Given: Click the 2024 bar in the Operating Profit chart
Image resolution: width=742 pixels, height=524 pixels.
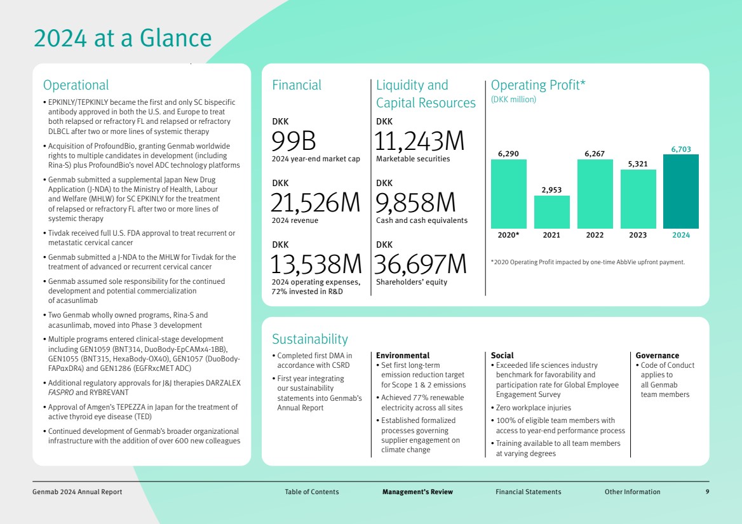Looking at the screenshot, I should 680,191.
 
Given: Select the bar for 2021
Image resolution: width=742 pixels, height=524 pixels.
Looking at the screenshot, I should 551,212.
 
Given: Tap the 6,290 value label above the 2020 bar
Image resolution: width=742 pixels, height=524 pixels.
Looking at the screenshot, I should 508,154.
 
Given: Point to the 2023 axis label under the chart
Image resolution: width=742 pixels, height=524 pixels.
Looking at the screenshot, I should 638,235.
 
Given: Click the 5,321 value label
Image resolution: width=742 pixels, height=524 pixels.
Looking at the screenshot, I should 638,164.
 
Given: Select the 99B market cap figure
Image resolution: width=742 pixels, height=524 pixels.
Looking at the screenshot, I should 293,142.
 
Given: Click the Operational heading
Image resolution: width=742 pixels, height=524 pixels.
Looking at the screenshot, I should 76,85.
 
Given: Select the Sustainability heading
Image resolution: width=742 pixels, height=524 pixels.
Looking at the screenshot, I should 310,339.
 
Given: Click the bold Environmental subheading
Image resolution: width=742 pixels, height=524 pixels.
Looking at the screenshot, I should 403,356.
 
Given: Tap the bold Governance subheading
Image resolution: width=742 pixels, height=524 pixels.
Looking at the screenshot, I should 658,356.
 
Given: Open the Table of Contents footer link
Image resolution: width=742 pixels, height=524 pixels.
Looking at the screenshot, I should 312,492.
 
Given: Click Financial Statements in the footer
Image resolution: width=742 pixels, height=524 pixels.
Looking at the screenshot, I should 528,492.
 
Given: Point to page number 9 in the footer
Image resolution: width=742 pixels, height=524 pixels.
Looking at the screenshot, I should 707,492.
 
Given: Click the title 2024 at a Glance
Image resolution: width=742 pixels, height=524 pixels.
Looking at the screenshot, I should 123,38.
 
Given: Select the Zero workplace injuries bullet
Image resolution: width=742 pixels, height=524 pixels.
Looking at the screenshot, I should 524,408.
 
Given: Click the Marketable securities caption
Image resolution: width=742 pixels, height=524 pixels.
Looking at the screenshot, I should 413,159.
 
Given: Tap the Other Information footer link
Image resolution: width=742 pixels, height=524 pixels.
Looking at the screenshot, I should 632,492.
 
